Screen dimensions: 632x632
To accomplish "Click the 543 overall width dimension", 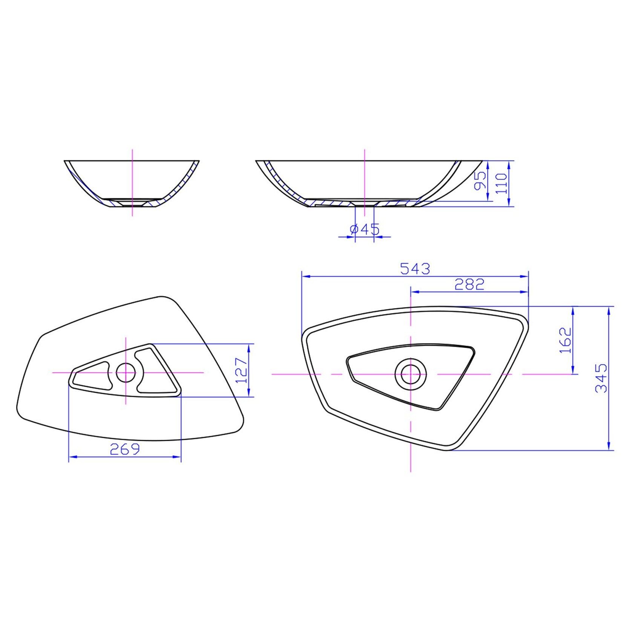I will [415, 269].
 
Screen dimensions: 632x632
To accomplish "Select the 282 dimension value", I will [469, 284].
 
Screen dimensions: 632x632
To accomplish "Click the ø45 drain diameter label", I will [364, 229].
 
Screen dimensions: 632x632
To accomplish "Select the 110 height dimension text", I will [501, 183].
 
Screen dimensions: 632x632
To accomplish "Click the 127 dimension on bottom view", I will [241, 370].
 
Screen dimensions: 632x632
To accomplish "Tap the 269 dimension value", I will [125, 449].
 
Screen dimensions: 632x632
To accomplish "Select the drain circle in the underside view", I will [126, 373].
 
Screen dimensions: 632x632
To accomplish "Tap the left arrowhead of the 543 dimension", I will [305, 276].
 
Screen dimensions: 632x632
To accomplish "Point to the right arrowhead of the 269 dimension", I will [178, 457].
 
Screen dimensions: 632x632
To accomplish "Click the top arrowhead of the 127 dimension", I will [249, 347].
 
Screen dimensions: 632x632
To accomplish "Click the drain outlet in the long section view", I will [364, 204].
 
